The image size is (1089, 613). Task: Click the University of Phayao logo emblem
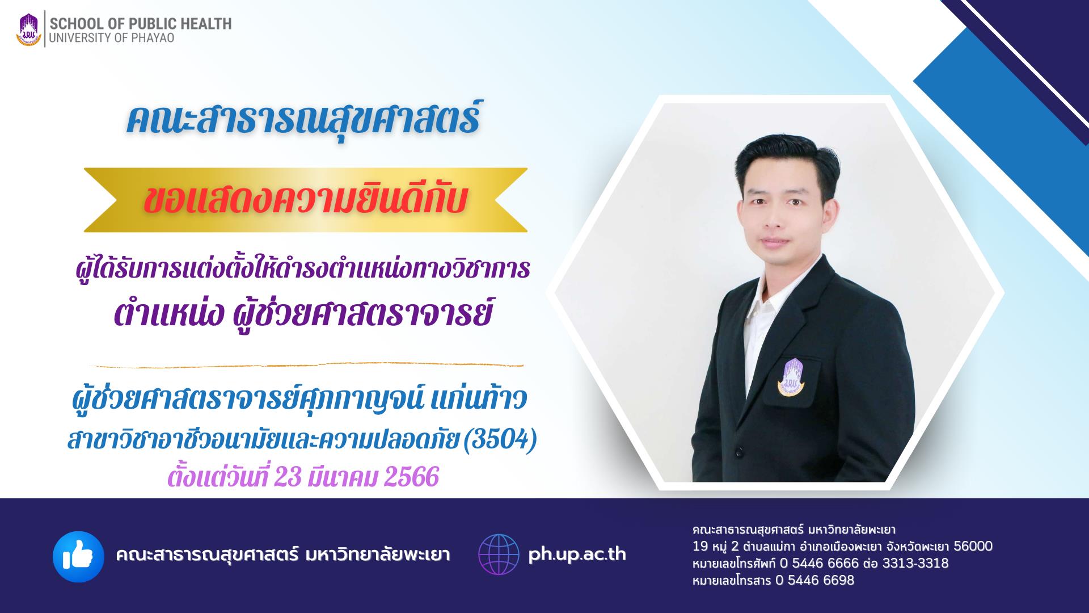(x=29, y=30)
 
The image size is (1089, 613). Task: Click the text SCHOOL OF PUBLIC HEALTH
(x=141, y=24)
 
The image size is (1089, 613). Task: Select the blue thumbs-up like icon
(x=78, y=556)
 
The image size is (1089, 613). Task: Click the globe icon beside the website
(x=499, y=555)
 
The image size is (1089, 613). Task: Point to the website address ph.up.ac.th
(x=577, y=555)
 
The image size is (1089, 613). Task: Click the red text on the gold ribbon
(x=306, y=200)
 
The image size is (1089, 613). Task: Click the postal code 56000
(x=973, y=546)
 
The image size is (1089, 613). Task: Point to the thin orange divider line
(x=306, y=364)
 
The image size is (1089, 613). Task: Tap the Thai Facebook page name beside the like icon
(x=283, y=555)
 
